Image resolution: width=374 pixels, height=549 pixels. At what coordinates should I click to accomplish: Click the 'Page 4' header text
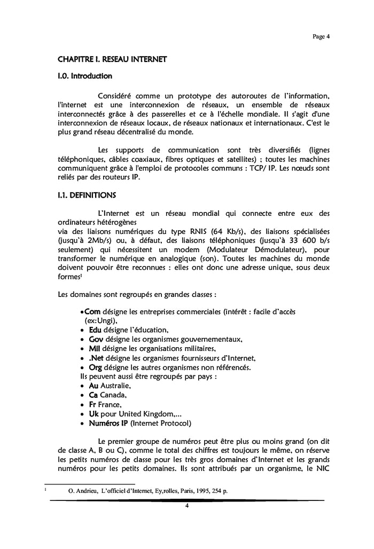coord(321,36)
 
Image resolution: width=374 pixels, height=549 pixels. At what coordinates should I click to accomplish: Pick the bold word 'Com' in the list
coord(92,311)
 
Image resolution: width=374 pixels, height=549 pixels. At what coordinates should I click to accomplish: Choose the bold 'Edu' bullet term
coord(95,330)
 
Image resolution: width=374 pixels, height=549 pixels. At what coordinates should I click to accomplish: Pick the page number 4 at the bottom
coord(187,506)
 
